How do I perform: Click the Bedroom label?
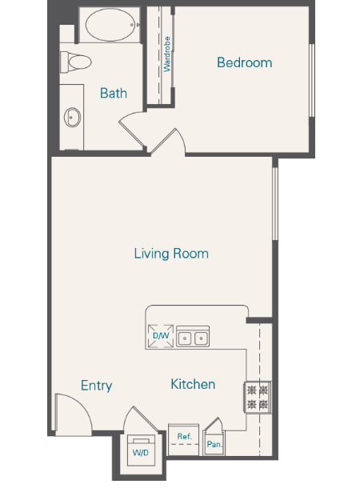tap(244, 62)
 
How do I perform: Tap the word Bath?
tap(114, 93)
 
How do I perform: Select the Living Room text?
tap(171, 254)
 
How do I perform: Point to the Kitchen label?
tap(193, 384)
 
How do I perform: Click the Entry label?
tap(97, 386)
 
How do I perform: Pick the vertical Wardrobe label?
tap(166, 54)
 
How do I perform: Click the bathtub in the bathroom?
tap(110, 25)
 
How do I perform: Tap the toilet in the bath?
tap(76, 62)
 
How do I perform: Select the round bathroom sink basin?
tap(72, 117)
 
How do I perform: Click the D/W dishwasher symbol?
tap(161, 336)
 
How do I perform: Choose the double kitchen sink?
tap(193, 337)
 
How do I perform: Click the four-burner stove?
tap(258, 398)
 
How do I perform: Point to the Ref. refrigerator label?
tap(185, 437)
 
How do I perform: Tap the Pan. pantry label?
tap(214, 445)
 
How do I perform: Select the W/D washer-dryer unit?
tap(141, 450)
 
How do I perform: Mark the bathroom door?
tap(132, 130)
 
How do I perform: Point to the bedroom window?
tap(311, 80)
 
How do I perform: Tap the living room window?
tap(275, 204)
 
